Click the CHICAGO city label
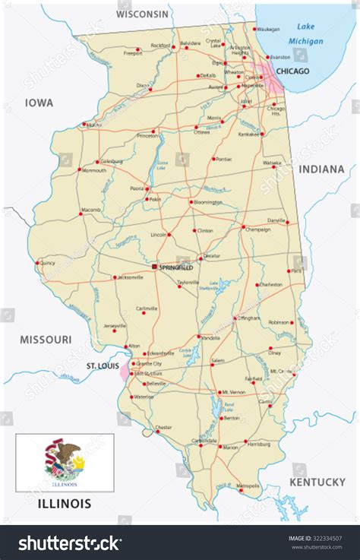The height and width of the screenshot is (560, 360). (x=293, y=71)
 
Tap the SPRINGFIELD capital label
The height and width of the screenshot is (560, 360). (x=176, y=267)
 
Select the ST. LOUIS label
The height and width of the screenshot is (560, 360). (x=101, y=366)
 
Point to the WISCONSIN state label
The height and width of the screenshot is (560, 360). (x=143, y=14)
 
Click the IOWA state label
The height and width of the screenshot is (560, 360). (x=38, y=102)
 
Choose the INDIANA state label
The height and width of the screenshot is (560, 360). (x=321, y=169)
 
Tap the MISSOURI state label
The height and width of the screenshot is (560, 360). (x=46, y=339)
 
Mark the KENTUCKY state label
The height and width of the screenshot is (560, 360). (x=317, y=482)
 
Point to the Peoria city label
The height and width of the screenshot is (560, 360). (x=137, y=187)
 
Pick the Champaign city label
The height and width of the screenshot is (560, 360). (x=257, y=228)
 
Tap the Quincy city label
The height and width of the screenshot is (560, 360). (x=47, y=263)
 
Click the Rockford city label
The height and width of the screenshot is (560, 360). (x=160, y=46)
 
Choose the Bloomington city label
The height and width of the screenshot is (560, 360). (x=207, y=202)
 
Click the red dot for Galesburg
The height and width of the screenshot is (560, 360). (x=99, y=161)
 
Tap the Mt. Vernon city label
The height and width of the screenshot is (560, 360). (x=233, y=392)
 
